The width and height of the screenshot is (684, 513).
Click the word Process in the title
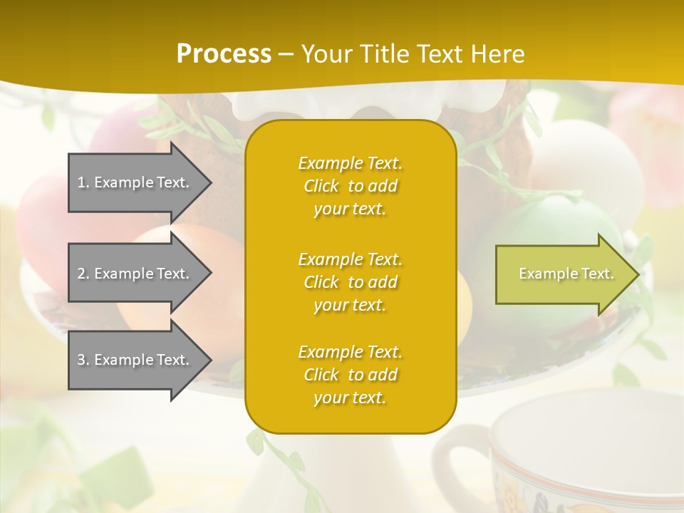(224, 53)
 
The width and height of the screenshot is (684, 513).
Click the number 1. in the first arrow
(83, 182)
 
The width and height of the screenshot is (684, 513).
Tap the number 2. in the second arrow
(83, 274)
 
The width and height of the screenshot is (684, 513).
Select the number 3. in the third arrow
(83, 360)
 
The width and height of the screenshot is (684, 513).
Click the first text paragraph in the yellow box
(350, 186)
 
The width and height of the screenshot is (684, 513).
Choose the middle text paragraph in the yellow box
(350, 282)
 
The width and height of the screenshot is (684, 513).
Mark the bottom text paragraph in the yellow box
(350, 375)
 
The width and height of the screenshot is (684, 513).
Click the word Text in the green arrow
(597, 274)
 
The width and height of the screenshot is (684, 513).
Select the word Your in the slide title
(326, 53)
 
